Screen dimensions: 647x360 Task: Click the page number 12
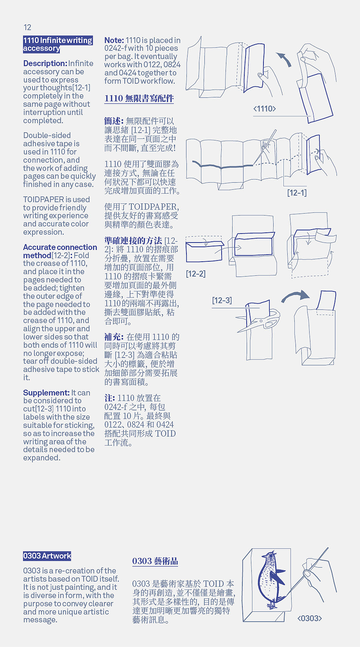click(27, 27)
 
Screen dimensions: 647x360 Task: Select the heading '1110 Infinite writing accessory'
click(57, 44)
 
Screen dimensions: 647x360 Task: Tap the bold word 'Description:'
click(45, 63)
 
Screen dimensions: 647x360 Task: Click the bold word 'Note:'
click(114, 40)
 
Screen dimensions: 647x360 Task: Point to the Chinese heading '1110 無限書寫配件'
click(139, 98)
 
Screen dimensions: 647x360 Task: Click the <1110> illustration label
click(265, 109)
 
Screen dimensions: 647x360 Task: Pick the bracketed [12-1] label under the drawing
click(297, 192)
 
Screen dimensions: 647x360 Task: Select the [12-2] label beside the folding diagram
click(195, 273)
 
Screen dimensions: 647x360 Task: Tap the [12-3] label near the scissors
click(222, 300)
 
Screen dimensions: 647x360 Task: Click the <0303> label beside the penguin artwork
click(310, 618)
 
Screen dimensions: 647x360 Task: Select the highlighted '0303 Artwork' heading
click(47, 556)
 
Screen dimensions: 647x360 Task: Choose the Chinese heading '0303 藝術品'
click(155, 561)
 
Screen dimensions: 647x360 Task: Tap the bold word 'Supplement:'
click(46, 393)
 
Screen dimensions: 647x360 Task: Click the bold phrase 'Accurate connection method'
click(60, 251)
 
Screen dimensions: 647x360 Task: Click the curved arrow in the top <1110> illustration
click(284, 59)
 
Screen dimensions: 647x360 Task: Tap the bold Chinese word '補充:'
click(114, 337)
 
